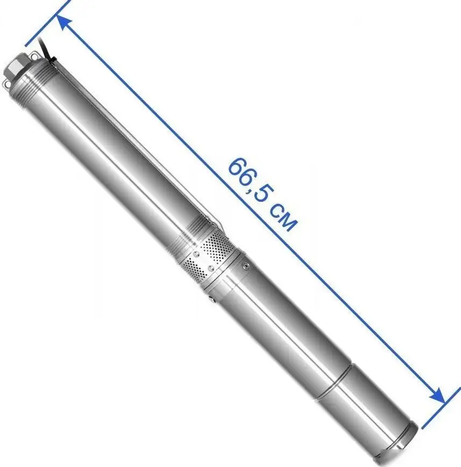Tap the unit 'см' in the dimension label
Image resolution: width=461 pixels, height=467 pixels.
pyautogui.click(x=282, y=218)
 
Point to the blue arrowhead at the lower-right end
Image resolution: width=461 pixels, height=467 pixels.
pyautogui.click(x=437, y=396)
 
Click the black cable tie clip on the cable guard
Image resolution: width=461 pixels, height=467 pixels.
pyautogui.click(x=53, y=60)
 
